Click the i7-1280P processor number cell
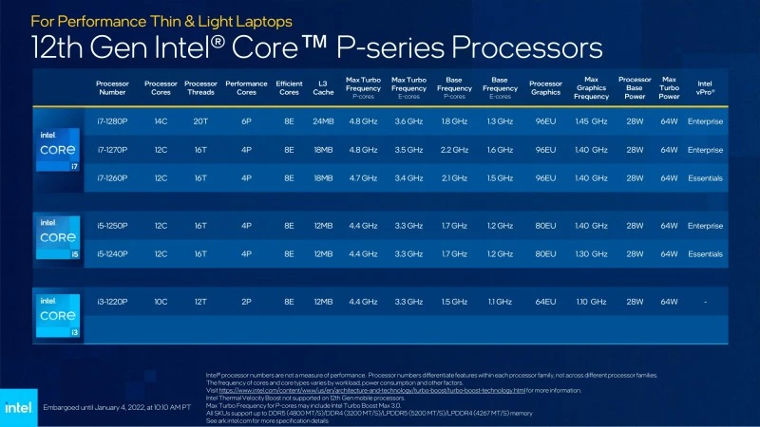pos(112,121)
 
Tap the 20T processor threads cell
pos(200,121)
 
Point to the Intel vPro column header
pos(705,87)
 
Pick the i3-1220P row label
pos(112,301)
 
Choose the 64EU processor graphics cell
pos(545,301)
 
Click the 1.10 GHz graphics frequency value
pos(591,301)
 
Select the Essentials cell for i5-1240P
pos(705,254)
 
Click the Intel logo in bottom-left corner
pos(19,406)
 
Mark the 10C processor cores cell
pos(161,301)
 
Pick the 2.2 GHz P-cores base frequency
pos(454,149)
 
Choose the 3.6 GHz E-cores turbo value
pos(408,121)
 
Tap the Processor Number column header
pos(112,87)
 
